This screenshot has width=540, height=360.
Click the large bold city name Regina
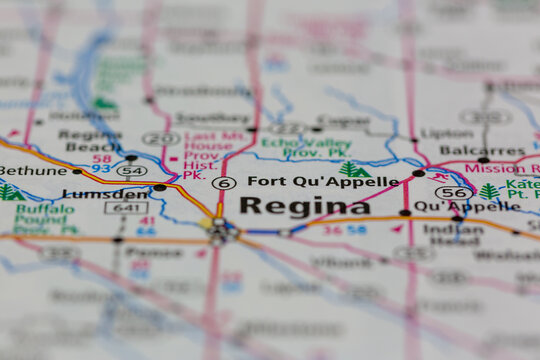click(x=304, y=206)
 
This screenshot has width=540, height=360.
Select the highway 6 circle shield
click(x=224, y=183)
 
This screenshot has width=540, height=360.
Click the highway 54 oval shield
click(x=131, y=172)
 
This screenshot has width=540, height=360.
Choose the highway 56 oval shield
click(x=454, y=192)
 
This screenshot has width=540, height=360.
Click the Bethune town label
click(x=33, y=171)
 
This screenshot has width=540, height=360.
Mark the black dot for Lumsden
click(x=160, y=187)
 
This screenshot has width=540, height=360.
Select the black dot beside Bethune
click(x=76, y=171)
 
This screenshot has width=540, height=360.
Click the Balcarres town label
click(x=467, y=150)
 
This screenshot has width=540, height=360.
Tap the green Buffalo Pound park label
click(x=44, y=219)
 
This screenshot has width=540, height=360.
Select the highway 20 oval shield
click(x=160, y=139)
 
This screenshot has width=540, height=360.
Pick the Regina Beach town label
click(x=90, y=140)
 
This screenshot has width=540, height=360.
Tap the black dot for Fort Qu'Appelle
click(x=418, y=173)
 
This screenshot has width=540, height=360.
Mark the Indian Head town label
click(x=453, y=235)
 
